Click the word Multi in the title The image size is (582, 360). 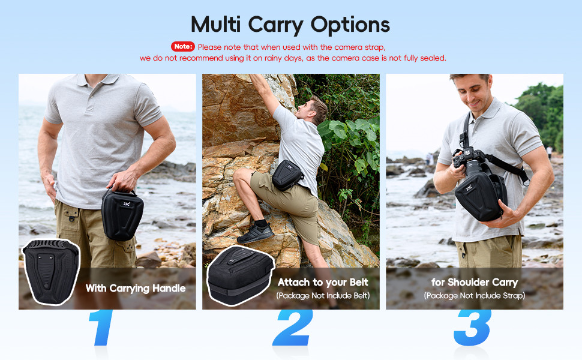[217, 25]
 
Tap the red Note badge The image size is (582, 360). [183, 46]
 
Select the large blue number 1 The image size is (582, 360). [101, 328]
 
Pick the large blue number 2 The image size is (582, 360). [292, 328]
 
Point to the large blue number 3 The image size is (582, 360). [473, 328]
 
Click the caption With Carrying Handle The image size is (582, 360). [135, 289]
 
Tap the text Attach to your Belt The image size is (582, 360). [323, 282]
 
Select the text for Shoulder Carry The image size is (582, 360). [474, 282]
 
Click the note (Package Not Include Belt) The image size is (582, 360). [323, 296]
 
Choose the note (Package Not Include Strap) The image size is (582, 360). [474, 296]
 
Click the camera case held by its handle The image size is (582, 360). [122, 214]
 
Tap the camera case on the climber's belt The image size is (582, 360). [288, 175]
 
